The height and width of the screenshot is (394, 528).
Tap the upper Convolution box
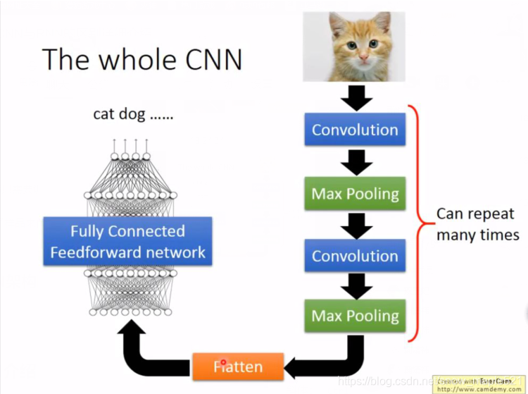[x=355, y=130]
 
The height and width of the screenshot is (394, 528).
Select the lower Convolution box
[x=355, y=255]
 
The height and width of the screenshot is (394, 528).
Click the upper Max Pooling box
[x=355, y=193]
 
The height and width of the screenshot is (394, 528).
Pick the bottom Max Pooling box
[x=355, y=316]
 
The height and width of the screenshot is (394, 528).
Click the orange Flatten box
[x=238, y=367]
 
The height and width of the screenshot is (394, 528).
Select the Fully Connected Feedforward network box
[x=127, y=242]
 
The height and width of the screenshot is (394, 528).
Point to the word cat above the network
[x=104, y=113]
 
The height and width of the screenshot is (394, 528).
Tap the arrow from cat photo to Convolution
[x=356, y=97]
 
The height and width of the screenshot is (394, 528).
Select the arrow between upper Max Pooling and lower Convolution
[x=356, y=224]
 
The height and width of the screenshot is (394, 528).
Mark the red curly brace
[x=420, y=224]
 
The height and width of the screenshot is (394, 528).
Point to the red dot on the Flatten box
[x=224, y=363]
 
